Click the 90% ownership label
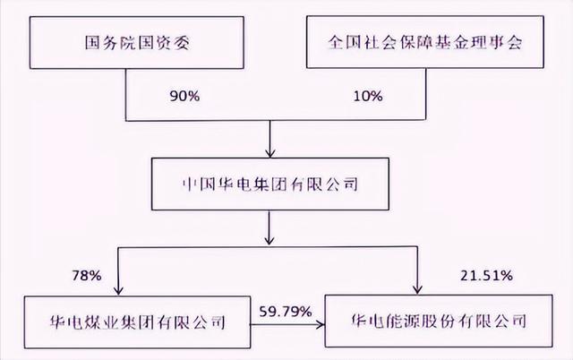[184, 96]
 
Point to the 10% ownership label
[368, 96]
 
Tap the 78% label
[87, 275]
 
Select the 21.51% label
[486, 275]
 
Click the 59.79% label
[286, 312]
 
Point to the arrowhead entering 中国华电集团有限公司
[270, 153]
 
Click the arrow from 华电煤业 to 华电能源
[287, 324]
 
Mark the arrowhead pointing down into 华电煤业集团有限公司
[118, 290]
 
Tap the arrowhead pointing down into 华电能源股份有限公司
[417, 288]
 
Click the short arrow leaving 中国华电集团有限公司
[269, 227]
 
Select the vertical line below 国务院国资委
[126, 94]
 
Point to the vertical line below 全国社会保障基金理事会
[426, 93]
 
